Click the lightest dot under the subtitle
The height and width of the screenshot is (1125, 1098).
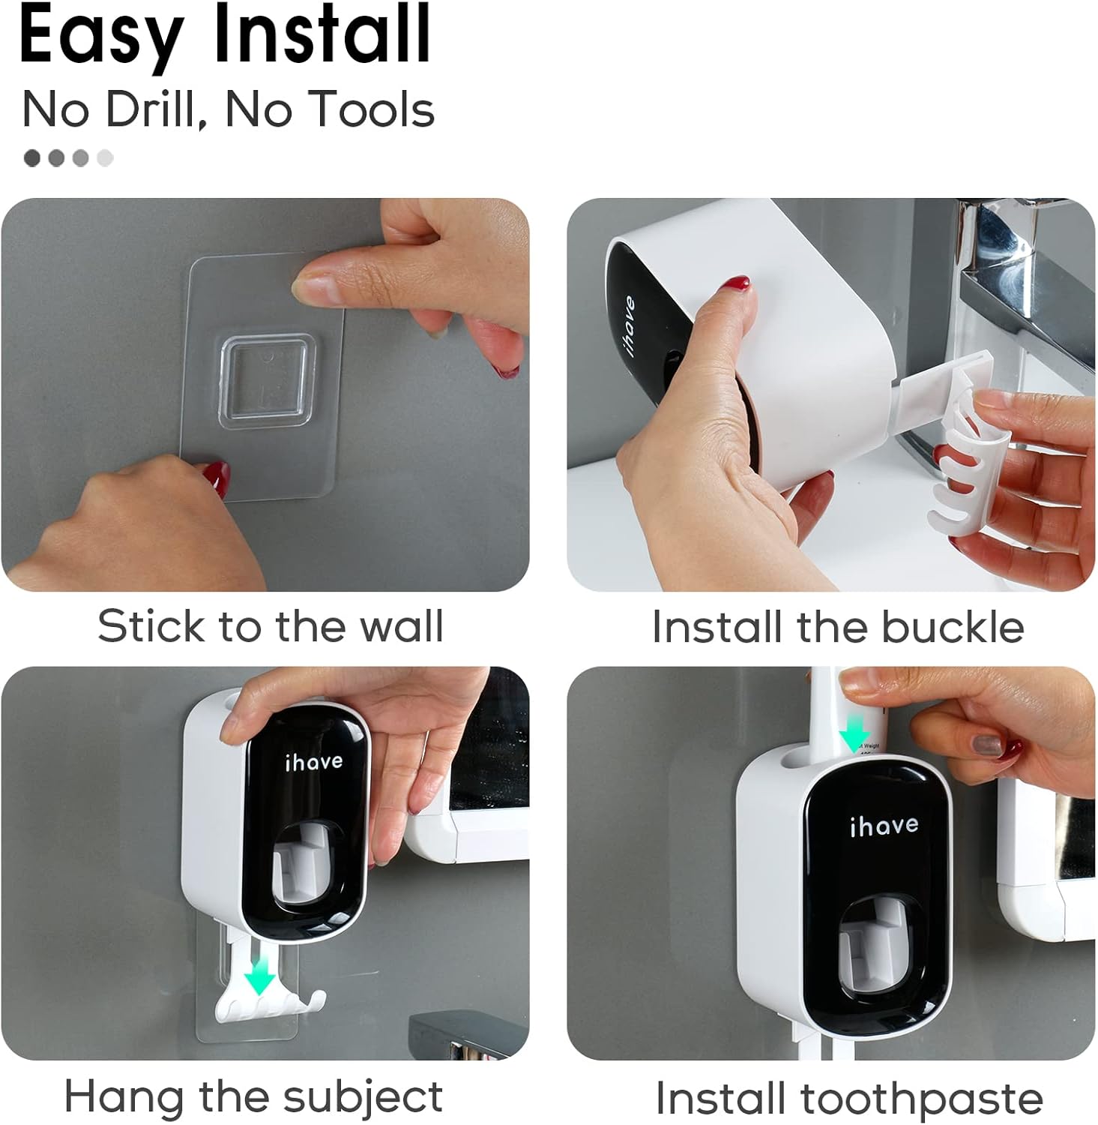pyautogui.click(x=105, y=157)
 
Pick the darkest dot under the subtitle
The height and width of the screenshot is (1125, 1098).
pyautogui.click(x=32, y=157)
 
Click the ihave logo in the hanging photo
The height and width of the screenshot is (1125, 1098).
pyautogui.click(x=314, y=762)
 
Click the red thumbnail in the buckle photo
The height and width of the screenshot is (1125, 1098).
pyautogui.click(x=734, y=285)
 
